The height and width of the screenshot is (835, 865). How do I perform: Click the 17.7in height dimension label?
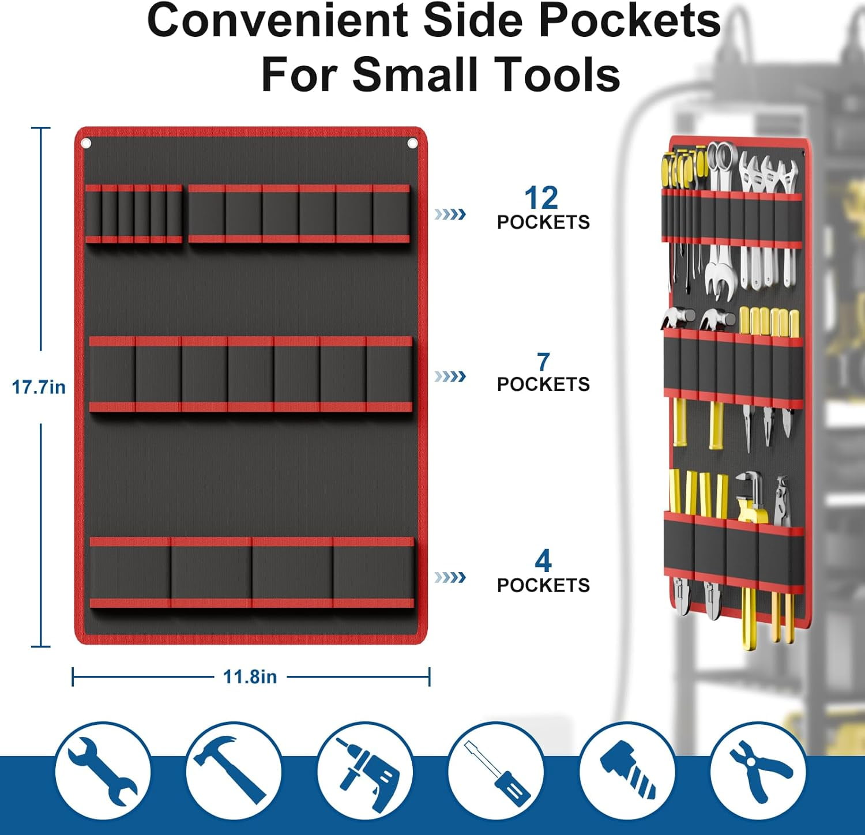39,387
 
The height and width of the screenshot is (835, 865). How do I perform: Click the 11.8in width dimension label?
250,676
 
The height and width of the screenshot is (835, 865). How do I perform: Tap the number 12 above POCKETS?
541,198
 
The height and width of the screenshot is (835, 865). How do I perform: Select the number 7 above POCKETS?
543,362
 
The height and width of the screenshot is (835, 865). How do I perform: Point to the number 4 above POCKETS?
543,561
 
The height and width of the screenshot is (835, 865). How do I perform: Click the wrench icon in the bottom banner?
103,771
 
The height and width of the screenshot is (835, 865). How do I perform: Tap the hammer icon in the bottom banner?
233,771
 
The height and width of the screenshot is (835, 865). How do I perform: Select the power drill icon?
364,771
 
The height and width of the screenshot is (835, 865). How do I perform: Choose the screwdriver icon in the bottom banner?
496,771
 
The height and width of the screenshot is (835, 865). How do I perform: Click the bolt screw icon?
627,771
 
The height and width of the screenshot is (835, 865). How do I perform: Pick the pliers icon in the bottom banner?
758,771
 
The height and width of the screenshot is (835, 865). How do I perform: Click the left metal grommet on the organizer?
86,143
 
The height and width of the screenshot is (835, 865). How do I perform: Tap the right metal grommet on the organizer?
412,143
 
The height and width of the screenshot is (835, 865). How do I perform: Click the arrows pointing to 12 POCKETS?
450,215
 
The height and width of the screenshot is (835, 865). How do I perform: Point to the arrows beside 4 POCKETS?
450,577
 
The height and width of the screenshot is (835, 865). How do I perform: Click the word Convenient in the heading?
279,21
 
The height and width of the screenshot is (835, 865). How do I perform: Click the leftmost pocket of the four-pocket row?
130,572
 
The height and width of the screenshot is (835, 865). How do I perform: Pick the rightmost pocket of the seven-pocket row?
389,374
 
